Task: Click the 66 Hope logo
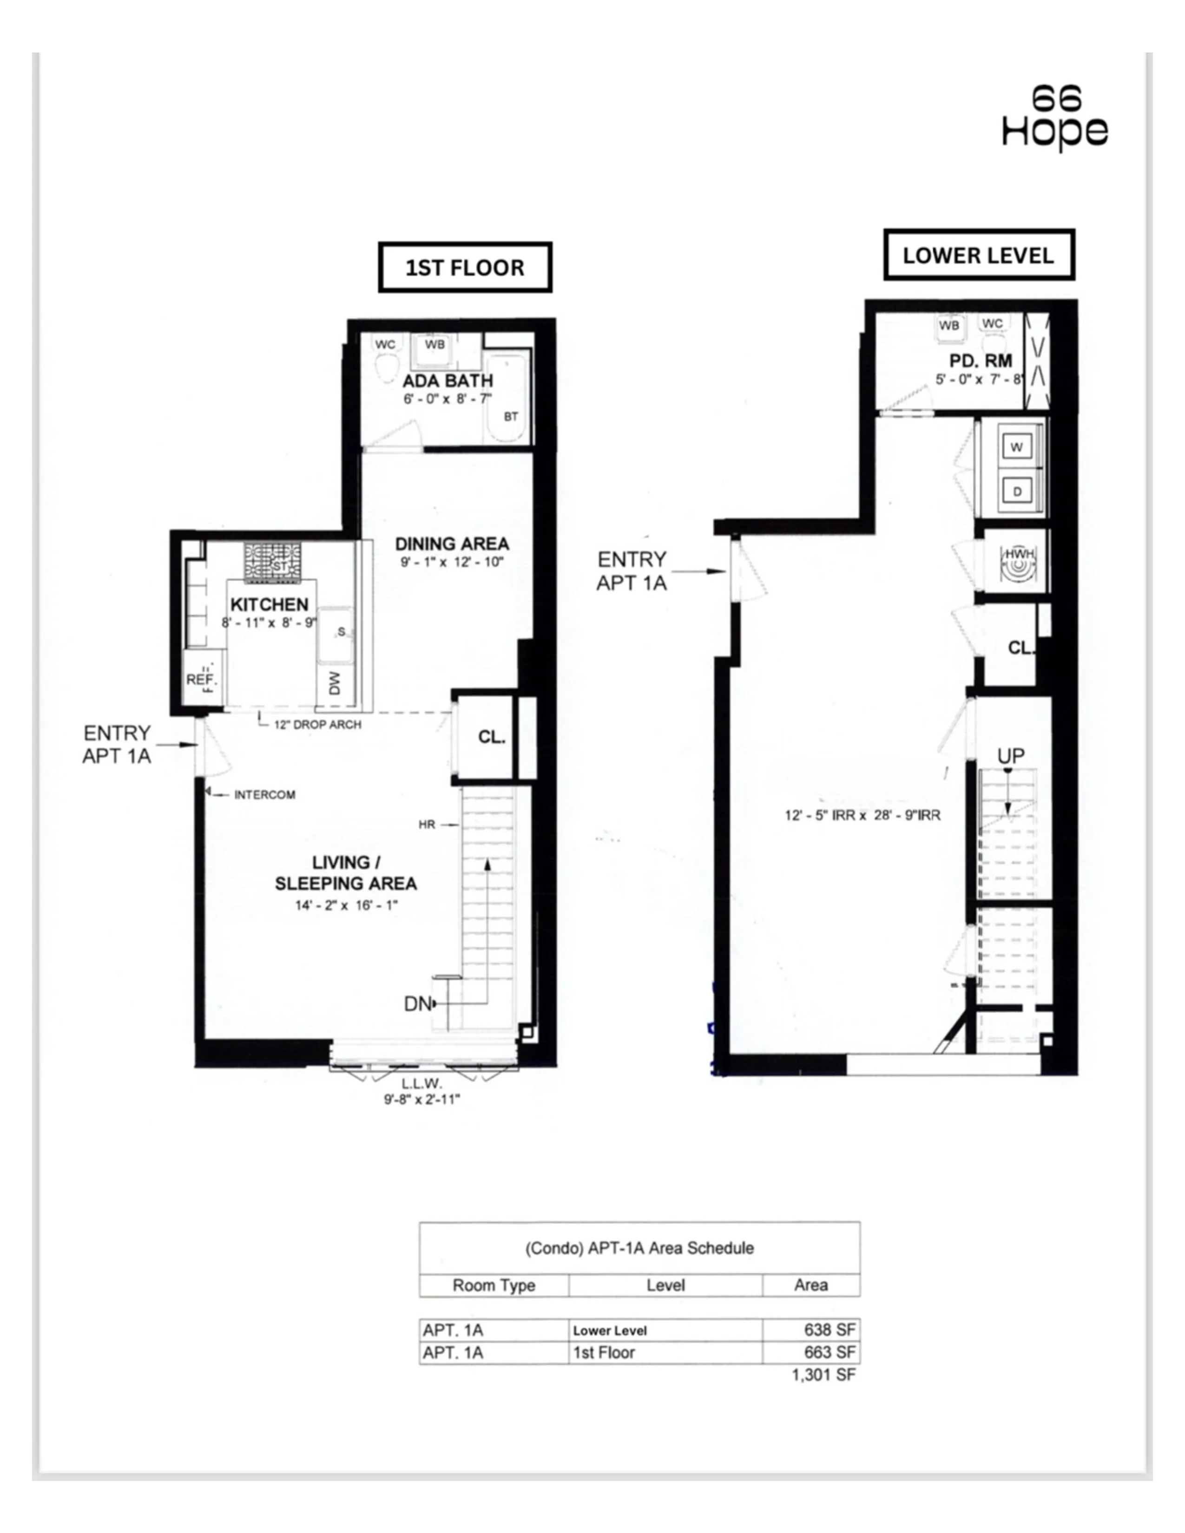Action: point(1054,117)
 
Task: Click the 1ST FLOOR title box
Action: point(465,268)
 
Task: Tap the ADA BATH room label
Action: point(448,381)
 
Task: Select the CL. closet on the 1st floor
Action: point(491,737)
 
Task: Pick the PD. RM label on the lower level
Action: point(981,361)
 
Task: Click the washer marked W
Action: point(1016,447)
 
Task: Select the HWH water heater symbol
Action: point(1016,562)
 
